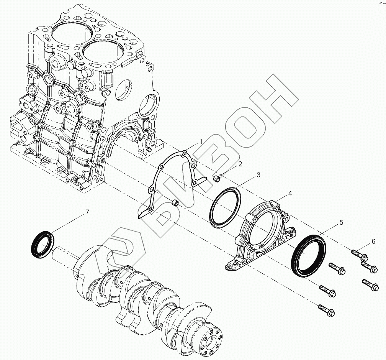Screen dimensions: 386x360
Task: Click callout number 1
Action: point(201,141)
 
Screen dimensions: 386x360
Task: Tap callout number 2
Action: point(240,164)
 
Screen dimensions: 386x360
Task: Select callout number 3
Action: point(258,175)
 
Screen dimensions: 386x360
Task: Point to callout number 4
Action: point(290,194)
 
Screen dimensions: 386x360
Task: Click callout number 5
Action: point(341,222)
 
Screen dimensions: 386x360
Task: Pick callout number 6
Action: point(373,242)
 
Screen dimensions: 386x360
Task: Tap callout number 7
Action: point(87,212)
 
